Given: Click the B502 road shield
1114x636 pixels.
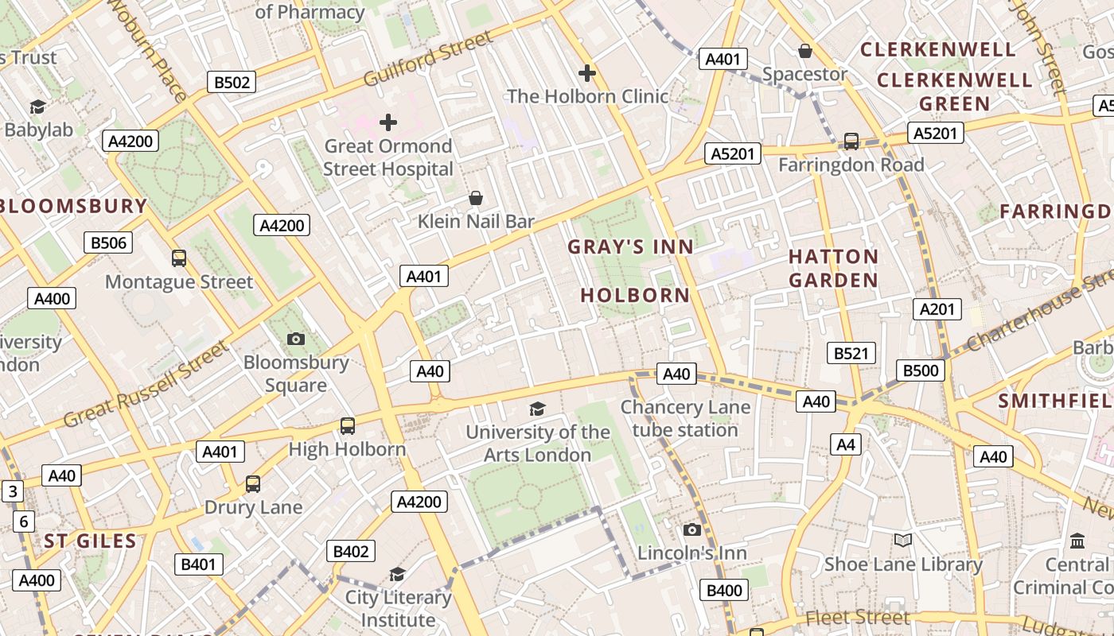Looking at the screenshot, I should [x=232, y=82].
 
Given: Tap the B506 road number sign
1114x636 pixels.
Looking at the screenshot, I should [x=109, y=242].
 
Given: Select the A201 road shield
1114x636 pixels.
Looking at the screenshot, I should [x=937, y=309].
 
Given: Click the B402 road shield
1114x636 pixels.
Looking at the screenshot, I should [x=351, y=551].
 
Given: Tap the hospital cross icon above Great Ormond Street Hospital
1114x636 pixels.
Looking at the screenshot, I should [x=388, y=122].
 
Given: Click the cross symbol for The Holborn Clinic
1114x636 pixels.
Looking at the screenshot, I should [x=587, y=73].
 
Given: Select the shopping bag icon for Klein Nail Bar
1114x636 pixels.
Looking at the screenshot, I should [x=476, y=197].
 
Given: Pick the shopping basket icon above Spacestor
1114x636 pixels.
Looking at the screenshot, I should [x=805, y=51].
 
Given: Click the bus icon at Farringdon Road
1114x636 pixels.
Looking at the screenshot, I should [x=851, y=142].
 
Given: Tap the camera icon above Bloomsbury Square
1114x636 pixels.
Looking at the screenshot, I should [x=296, y=339].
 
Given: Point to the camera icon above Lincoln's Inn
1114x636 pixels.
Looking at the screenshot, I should [x=692, y=529].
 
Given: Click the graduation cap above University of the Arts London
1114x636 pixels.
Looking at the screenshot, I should [x=538, y=409].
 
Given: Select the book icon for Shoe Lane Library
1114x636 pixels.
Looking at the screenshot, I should [x=902, y=541].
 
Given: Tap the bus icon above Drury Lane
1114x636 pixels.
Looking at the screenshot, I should [x=253, y=483].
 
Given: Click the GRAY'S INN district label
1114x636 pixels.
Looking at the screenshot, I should [x=630, y=247].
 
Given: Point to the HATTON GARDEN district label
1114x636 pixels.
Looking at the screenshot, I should [x=833, y=268].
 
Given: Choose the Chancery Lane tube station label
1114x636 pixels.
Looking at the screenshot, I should [x=685, y=418].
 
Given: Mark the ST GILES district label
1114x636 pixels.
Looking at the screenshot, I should [x=90, y=541].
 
